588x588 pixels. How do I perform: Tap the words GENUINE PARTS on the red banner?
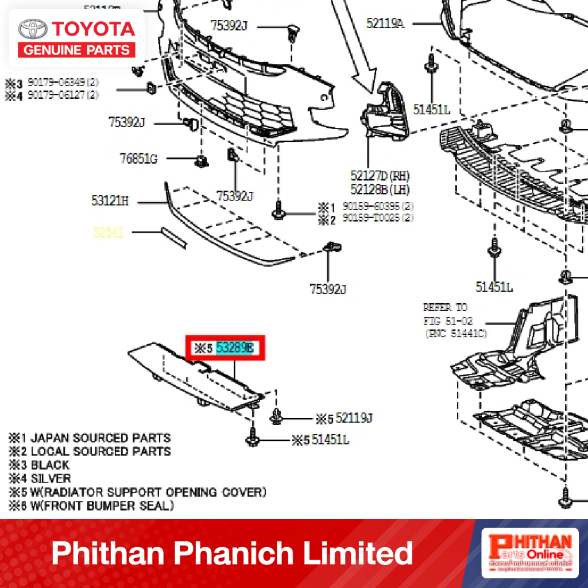[x=77, y=50]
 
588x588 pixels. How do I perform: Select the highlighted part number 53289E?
[x=234, y=348]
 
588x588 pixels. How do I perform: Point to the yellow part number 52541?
[x=109, y=233]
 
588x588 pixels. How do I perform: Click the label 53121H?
[x=110, y=201]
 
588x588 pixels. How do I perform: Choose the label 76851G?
[x=138, y=159]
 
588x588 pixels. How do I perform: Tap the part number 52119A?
[x=385, y=23]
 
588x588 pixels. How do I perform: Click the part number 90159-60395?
[x=370, y=206]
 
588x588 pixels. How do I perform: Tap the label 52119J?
[x=354, y=418]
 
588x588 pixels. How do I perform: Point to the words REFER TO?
[x=445, y=307]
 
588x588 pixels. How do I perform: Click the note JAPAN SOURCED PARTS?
[x=100, y=438]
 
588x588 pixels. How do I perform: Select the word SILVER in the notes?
[x=51, y=478]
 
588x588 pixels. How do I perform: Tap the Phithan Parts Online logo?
[x=529, y=554]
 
